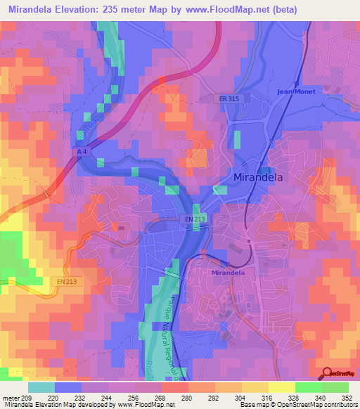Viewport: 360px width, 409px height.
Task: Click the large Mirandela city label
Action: coord(258,178)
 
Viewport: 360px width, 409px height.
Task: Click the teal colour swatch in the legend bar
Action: coord(41,387)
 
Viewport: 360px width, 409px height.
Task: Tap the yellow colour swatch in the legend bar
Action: coord(281,387)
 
